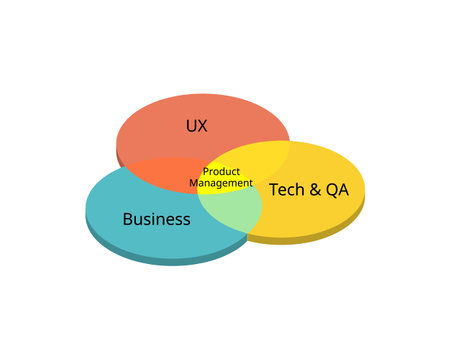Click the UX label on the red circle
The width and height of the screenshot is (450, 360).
(196, 126)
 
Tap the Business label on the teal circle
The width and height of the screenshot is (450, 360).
(156, 219)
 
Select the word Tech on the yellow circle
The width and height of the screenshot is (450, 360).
(286, 188)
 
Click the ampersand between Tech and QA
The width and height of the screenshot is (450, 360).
(314, 188)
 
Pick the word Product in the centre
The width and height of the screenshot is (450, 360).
(221, 171)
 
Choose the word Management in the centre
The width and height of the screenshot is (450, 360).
(221, 183)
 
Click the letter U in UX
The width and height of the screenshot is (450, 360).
(190, 126)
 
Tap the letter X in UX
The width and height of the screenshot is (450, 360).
(202, 126)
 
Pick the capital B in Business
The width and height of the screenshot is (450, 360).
(127, 219)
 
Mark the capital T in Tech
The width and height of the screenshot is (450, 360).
(273, 188)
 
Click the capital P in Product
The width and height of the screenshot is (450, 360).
(206, 171)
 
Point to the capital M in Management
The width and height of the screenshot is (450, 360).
(194, 183)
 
